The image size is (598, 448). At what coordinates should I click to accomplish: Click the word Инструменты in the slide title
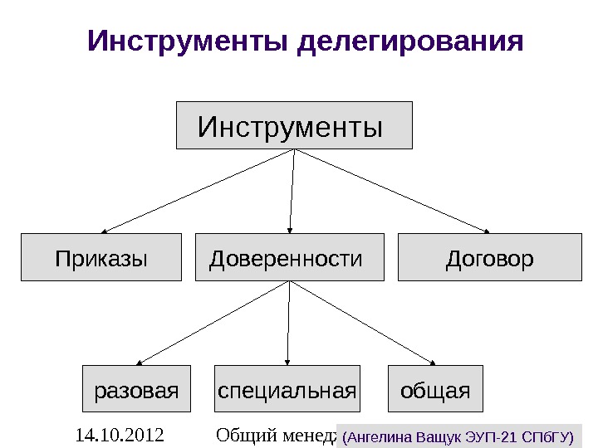coord(189,41)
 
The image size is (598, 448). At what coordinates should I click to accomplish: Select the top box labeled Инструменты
coord(294,125)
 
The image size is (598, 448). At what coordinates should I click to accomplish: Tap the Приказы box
coord(100,258)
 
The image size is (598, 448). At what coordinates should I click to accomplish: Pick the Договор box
coord(490,258)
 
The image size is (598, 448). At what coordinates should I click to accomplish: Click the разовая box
coord(136,388)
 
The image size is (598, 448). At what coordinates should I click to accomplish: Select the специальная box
coord(287,388)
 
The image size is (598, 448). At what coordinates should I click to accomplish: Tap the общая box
coord(435,388)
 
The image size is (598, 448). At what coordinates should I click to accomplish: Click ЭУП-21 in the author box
coord(496,436)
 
